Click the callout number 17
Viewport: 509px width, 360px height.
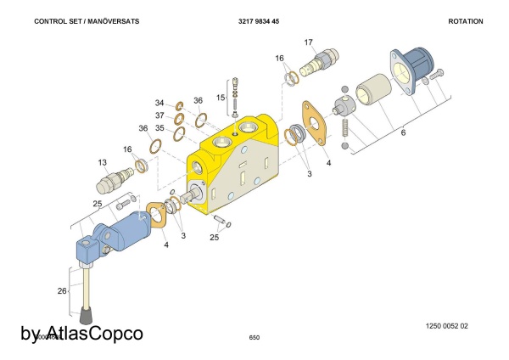(308, 42)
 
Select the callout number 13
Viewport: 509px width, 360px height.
(102, 161)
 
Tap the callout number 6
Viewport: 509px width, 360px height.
(403, 132)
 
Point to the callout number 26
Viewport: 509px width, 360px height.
(61, 291)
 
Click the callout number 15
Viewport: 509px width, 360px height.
(220, 98)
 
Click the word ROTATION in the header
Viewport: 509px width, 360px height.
(465, 21)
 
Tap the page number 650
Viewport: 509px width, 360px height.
(254, 337)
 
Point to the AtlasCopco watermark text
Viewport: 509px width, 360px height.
(81, 333)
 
